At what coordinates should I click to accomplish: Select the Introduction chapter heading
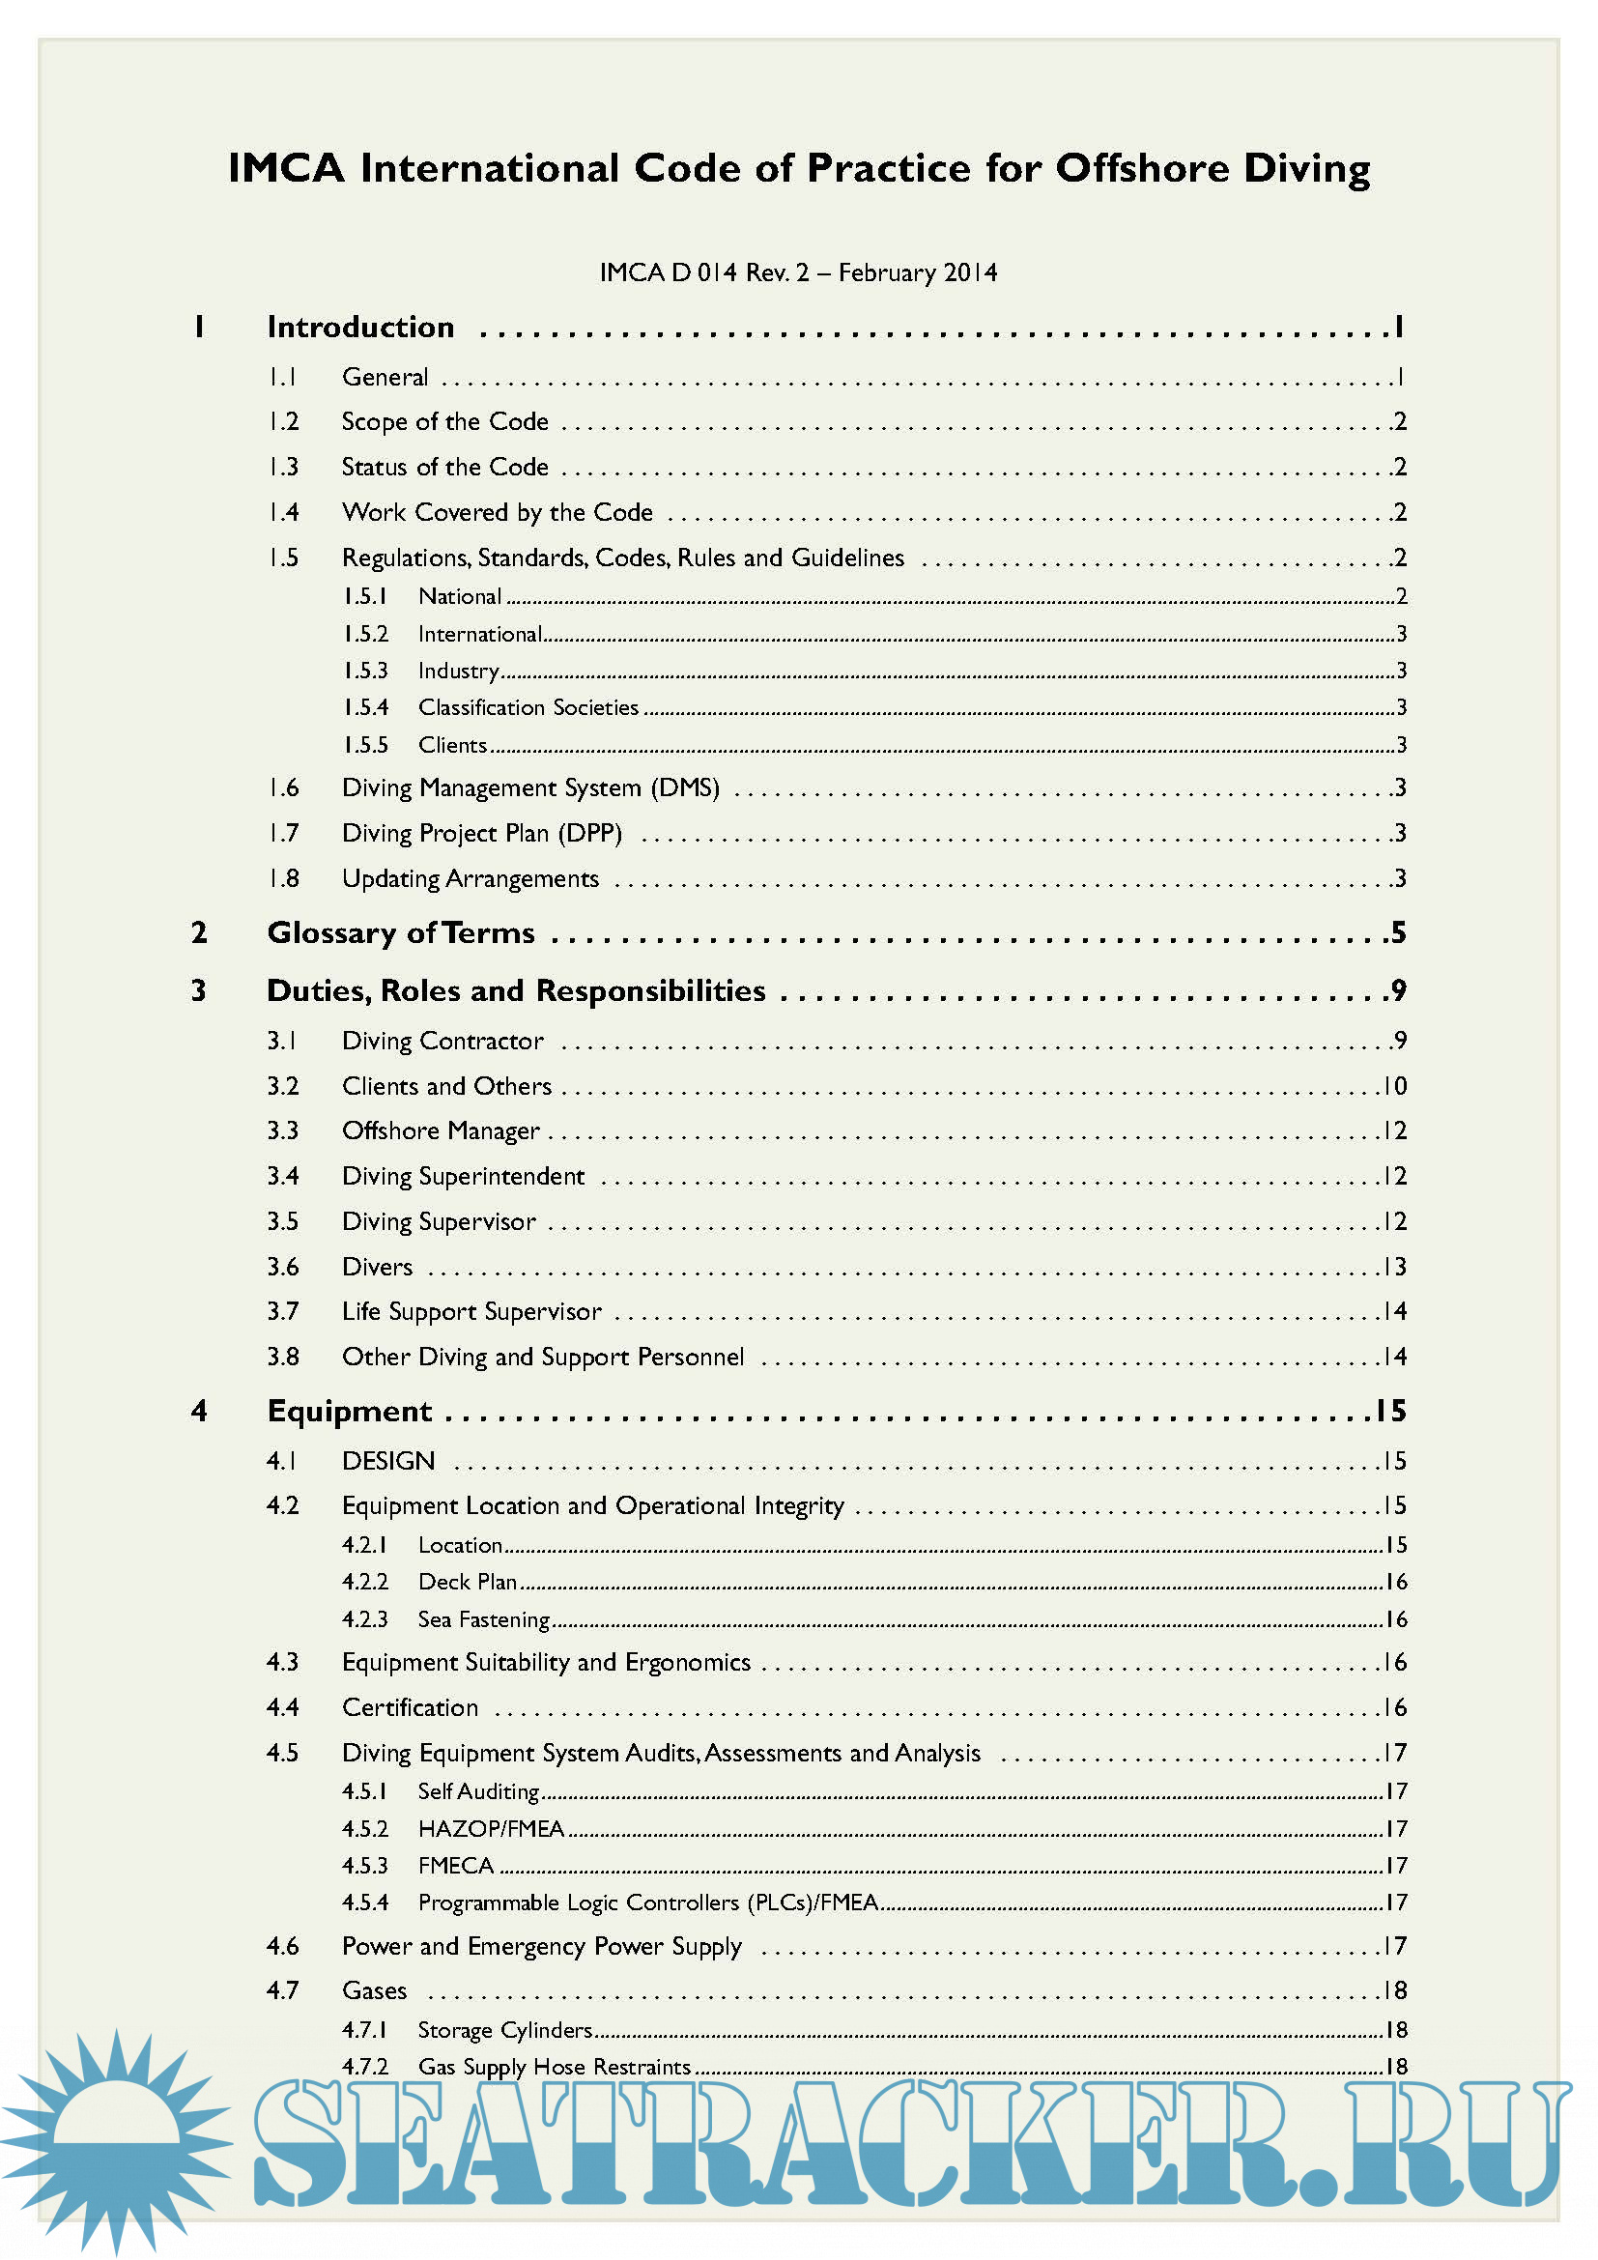tap(360, 328)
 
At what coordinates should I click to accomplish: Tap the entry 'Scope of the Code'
tap(444, 421)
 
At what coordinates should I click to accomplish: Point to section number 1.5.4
tap(365, 707)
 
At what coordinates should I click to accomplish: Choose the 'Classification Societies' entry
tap(528, 707)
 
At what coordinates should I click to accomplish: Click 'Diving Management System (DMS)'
tap(530, 788)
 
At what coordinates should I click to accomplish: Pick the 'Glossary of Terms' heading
tap(401, 933)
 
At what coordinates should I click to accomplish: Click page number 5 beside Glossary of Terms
tap(1398, 933)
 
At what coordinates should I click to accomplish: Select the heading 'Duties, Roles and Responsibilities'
tap(516, 991)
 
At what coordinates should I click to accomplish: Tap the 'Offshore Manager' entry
tap(441, 1131)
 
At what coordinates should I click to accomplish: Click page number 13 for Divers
tap(1395, 1267)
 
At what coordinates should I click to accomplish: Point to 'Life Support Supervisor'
tap(471, 1312)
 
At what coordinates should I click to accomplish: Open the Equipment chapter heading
tap(350, 1412)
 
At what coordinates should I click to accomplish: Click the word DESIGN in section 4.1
tap(387, 1461)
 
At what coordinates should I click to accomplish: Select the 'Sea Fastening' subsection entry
tap(483, 1619)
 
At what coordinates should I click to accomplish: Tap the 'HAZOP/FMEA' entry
tap(491, 1829)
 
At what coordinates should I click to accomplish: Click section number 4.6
tap(282, 1946)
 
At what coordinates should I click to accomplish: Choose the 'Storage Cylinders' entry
tap(504, 2030)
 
